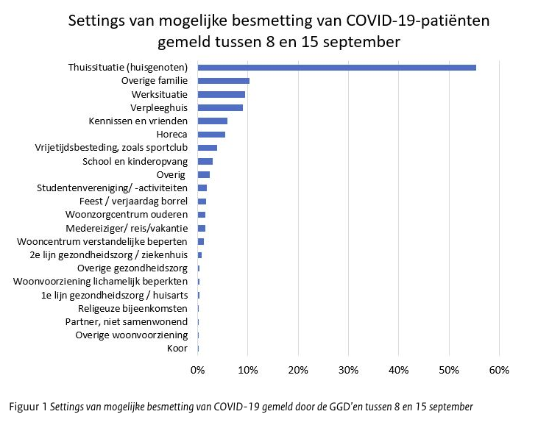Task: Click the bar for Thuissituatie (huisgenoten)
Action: click(x=336, y=68)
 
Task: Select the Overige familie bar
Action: click(x=224, y=81)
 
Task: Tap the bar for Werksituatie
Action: click(x=222, y=94)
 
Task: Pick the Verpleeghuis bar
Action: click(x=220, y=107)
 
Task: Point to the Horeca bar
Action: click(x=211, y=135)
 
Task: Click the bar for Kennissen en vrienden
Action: click(x=213, y=121)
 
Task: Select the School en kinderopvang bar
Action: click(x=205, y=161)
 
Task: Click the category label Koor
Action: click(x=177, y=349)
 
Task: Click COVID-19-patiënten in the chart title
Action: click(x=398, y=20)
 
